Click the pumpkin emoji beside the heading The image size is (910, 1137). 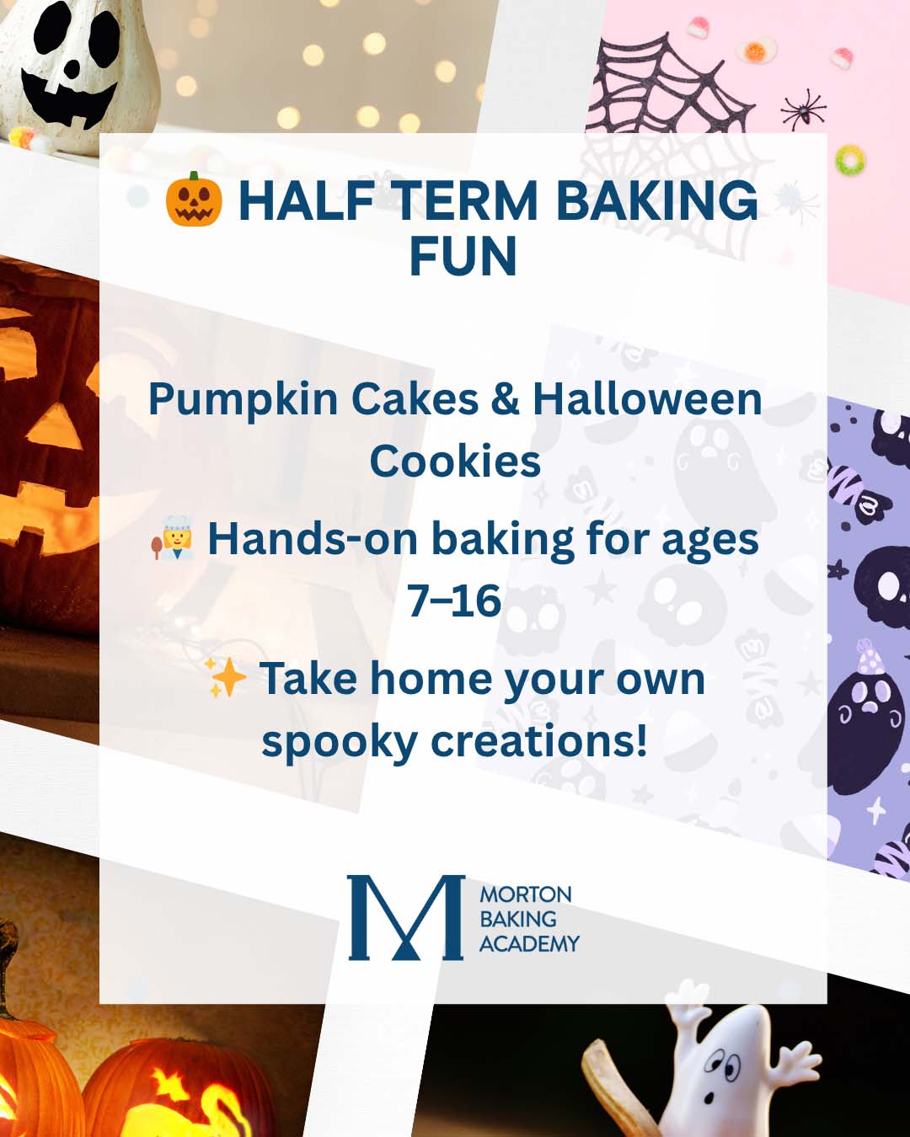(194, 200)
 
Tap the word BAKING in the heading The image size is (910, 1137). (657, 200)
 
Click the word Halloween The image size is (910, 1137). (647, 399)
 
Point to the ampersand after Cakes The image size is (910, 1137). (505, 399)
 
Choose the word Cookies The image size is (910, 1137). (455, 461)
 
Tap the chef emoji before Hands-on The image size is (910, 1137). (173, 538)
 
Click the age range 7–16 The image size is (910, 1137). (454, 601)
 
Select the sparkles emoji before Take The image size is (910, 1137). (225, 677)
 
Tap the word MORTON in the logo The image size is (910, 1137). (526, 895)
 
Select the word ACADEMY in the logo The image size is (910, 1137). (529, 943)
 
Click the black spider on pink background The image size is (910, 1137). (804, 111)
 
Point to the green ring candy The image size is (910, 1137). (850, 159)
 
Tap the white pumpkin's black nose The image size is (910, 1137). (72, 67)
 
